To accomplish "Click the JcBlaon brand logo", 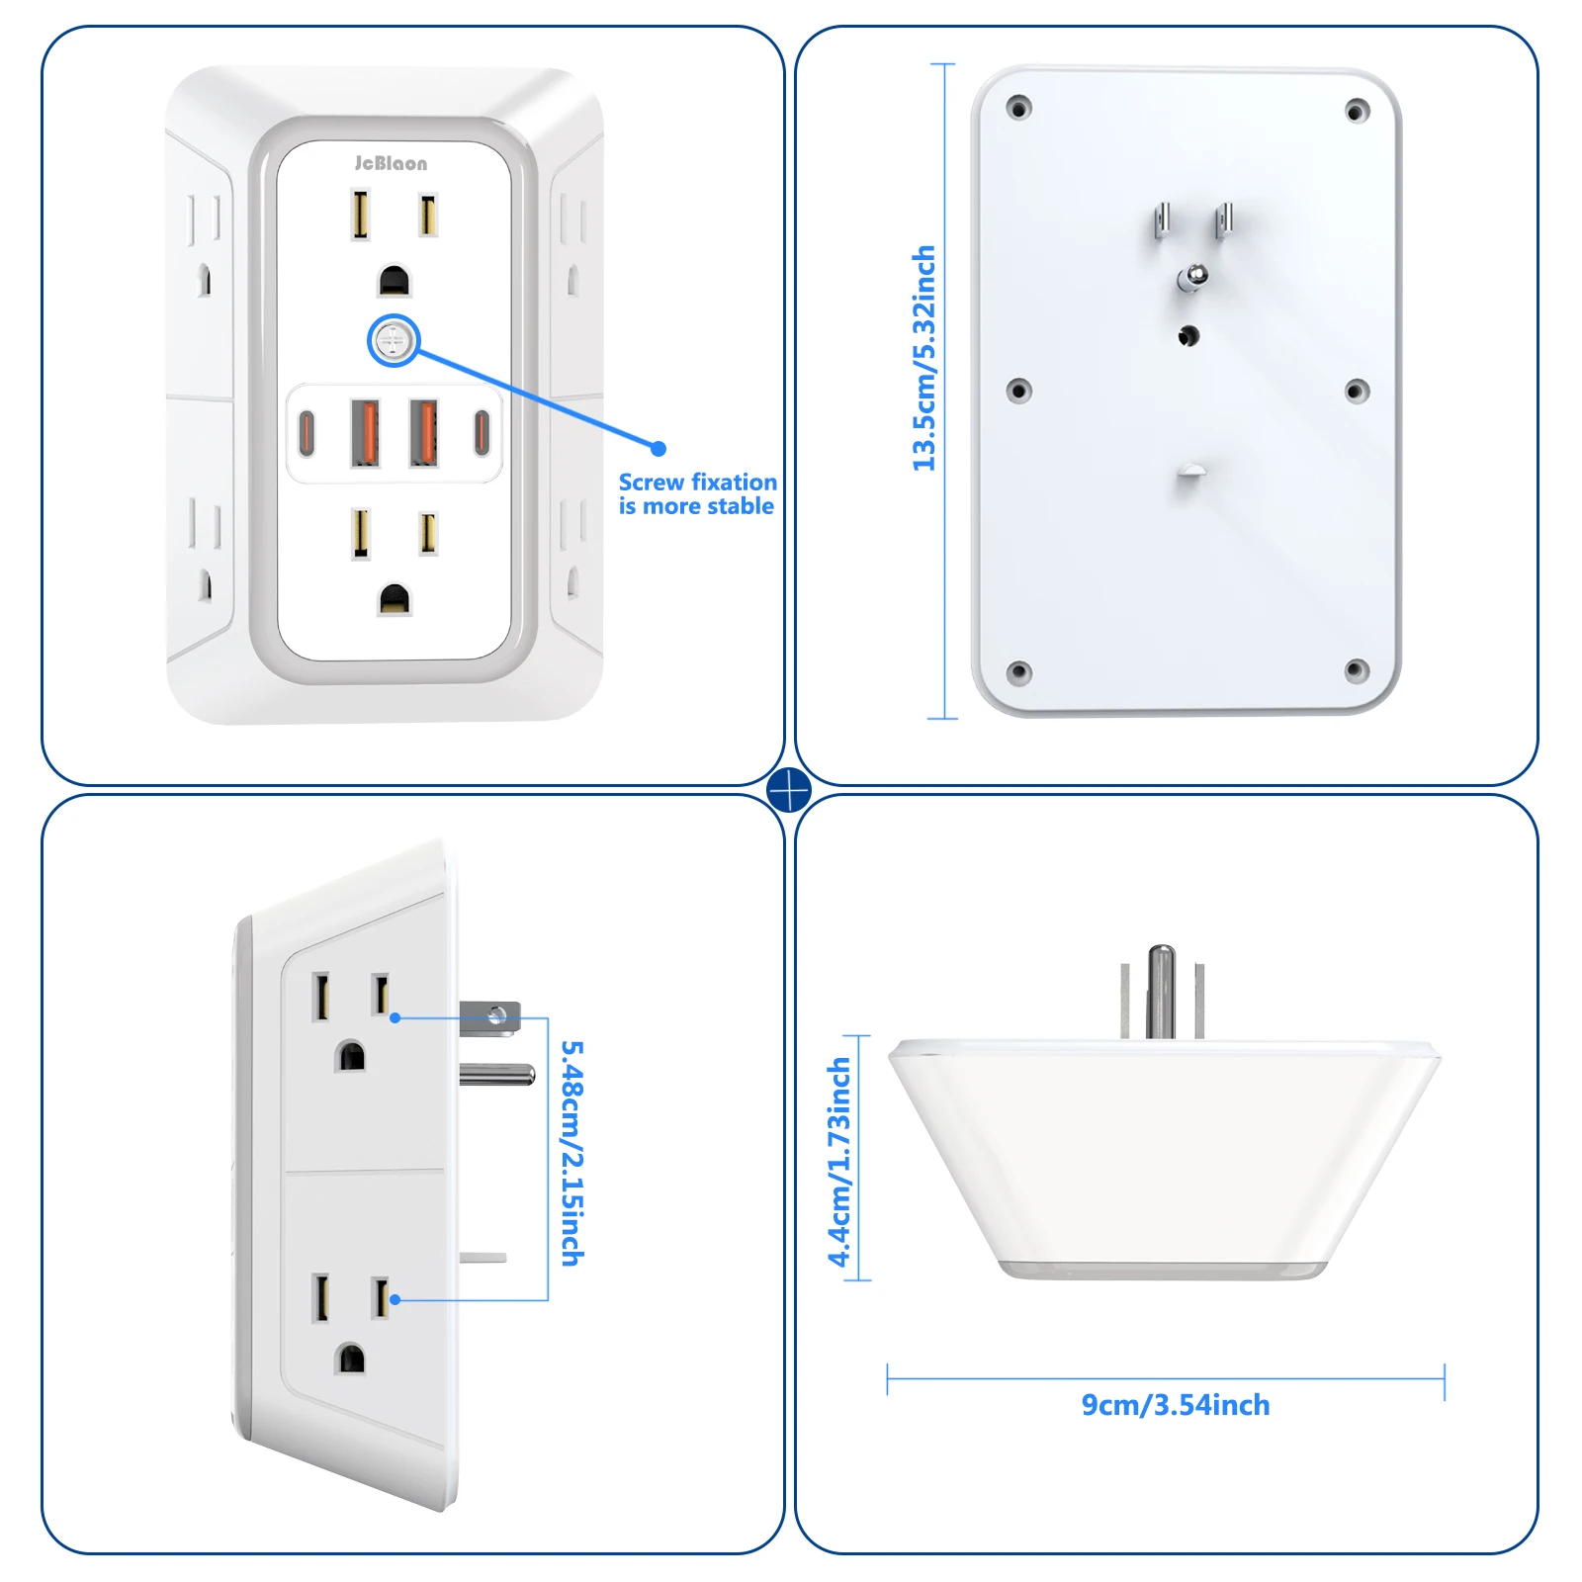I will [x=391, y=163].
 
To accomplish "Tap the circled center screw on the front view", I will [x=394, y=341].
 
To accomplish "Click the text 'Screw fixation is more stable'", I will [x=697, y=494].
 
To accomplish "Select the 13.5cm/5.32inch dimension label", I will [x=923, y=358].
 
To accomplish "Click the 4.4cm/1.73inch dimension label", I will [x=839, y=1162].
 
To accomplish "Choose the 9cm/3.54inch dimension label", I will [x=1175, y=1405].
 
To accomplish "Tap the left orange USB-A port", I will [x=365, y=432].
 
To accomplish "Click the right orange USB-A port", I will [x=424, y=432].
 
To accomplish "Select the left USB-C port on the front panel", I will [x=307, y=432].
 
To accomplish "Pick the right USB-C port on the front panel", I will [x=482, y=432].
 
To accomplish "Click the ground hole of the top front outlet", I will [x=394, y=281].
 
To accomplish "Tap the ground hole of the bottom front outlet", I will [x=394, y=599].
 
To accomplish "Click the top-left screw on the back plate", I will [x=1018, y=107].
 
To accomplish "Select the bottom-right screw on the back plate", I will [x=1357, y=671].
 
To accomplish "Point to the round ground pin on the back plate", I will [x=1192, y=277].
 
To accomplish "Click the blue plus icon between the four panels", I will [x=789, y=790].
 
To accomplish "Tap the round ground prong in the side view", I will [x=497, y=1074].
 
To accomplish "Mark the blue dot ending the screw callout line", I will [x=659, y=448].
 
